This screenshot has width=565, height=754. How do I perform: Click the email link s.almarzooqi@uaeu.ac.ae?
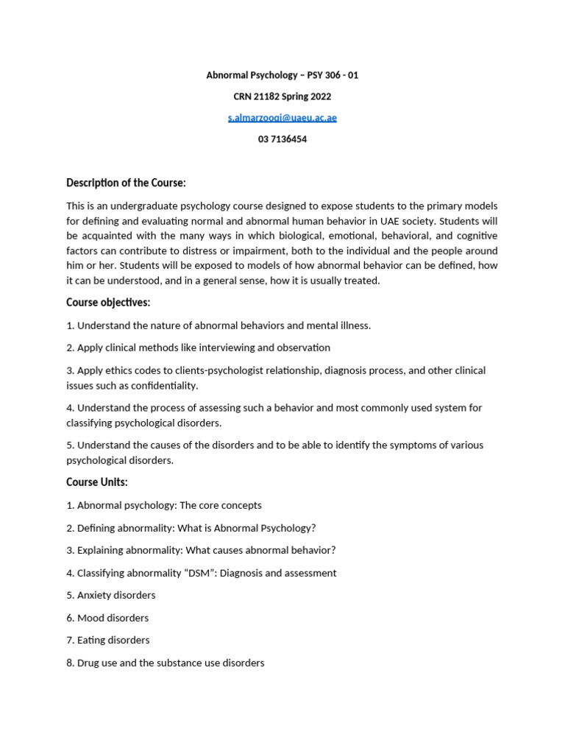pos(282,118)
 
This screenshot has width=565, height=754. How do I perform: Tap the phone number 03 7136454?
pos(282,139)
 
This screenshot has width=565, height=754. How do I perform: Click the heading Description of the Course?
pos(126,183)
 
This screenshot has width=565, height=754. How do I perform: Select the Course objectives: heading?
pos(108,303)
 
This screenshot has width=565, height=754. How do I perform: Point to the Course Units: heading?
pos(97,482)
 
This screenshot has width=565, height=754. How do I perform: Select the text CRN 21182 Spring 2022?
pos(282,96)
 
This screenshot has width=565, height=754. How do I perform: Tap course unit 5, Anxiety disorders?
pos(110,595)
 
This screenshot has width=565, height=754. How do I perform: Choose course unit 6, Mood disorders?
pos(107,618)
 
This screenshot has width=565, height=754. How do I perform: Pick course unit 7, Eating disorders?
pos(107,640)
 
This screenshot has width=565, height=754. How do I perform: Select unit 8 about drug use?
pos(165,663)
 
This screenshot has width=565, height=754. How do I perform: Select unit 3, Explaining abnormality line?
pos(201,550)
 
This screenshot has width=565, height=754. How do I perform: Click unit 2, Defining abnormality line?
pos(191,528)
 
